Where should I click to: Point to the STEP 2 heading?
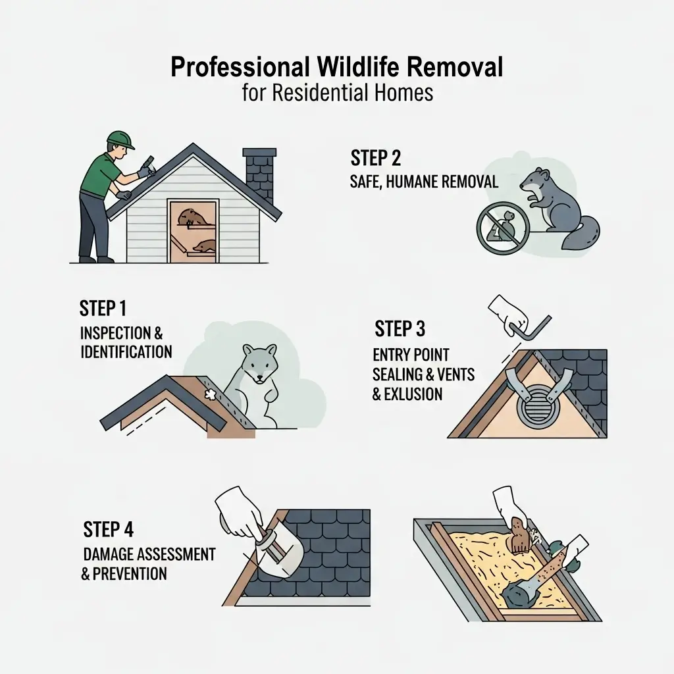pyautogui.click(x=376, y=159)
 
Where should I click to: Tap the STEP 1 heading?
pyautogui.click(x=104, y=309)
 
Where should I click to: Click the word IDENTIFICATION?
pyautogui.click(x=126, y=351)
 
